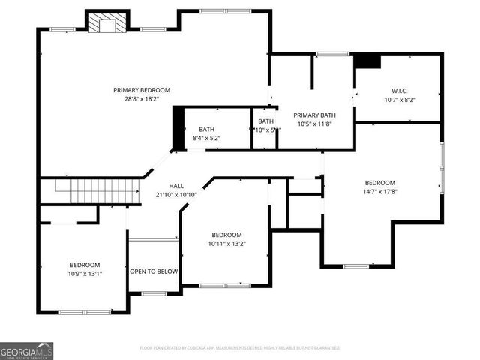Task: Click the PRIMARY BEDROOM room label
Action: tap(142, 90)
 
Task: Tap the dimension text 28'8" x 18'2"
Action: tap(142, 99)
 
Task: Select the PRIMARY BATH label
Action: tap(314, 115)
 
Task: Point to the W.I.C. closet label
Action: tap(398, 90)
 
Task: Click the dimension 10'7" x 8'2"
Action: tap(398, 99)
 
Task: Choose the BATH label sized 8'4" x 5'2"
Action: tap(206, 130)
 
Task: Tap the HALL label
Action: tap(176, 186)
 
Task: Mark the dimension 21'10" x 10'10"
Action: tap(176, 195)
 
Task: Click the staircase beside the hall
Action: tap(90, 191)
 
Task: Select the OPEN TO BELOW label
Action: tap(154, 271)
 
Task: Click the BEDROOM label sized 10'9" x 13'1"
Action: tap(85, 265)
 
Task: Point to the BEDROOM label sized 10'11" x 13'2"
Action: tap(226, 234)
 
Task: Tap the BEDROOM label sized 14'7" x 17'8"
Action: tap(380, 183)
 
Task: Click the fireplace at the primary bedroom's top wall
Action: tap(104, 23)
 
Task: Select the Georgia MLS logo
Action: tap(27, 350)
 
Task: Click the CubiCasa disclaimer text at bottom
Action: tap(240, 348)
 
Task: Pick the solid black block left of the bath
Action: tap(178, 129)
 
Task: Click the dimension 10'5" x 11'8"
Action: tap(314, 124)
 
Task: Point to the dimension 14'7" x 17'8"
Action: tap(380, 192)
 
